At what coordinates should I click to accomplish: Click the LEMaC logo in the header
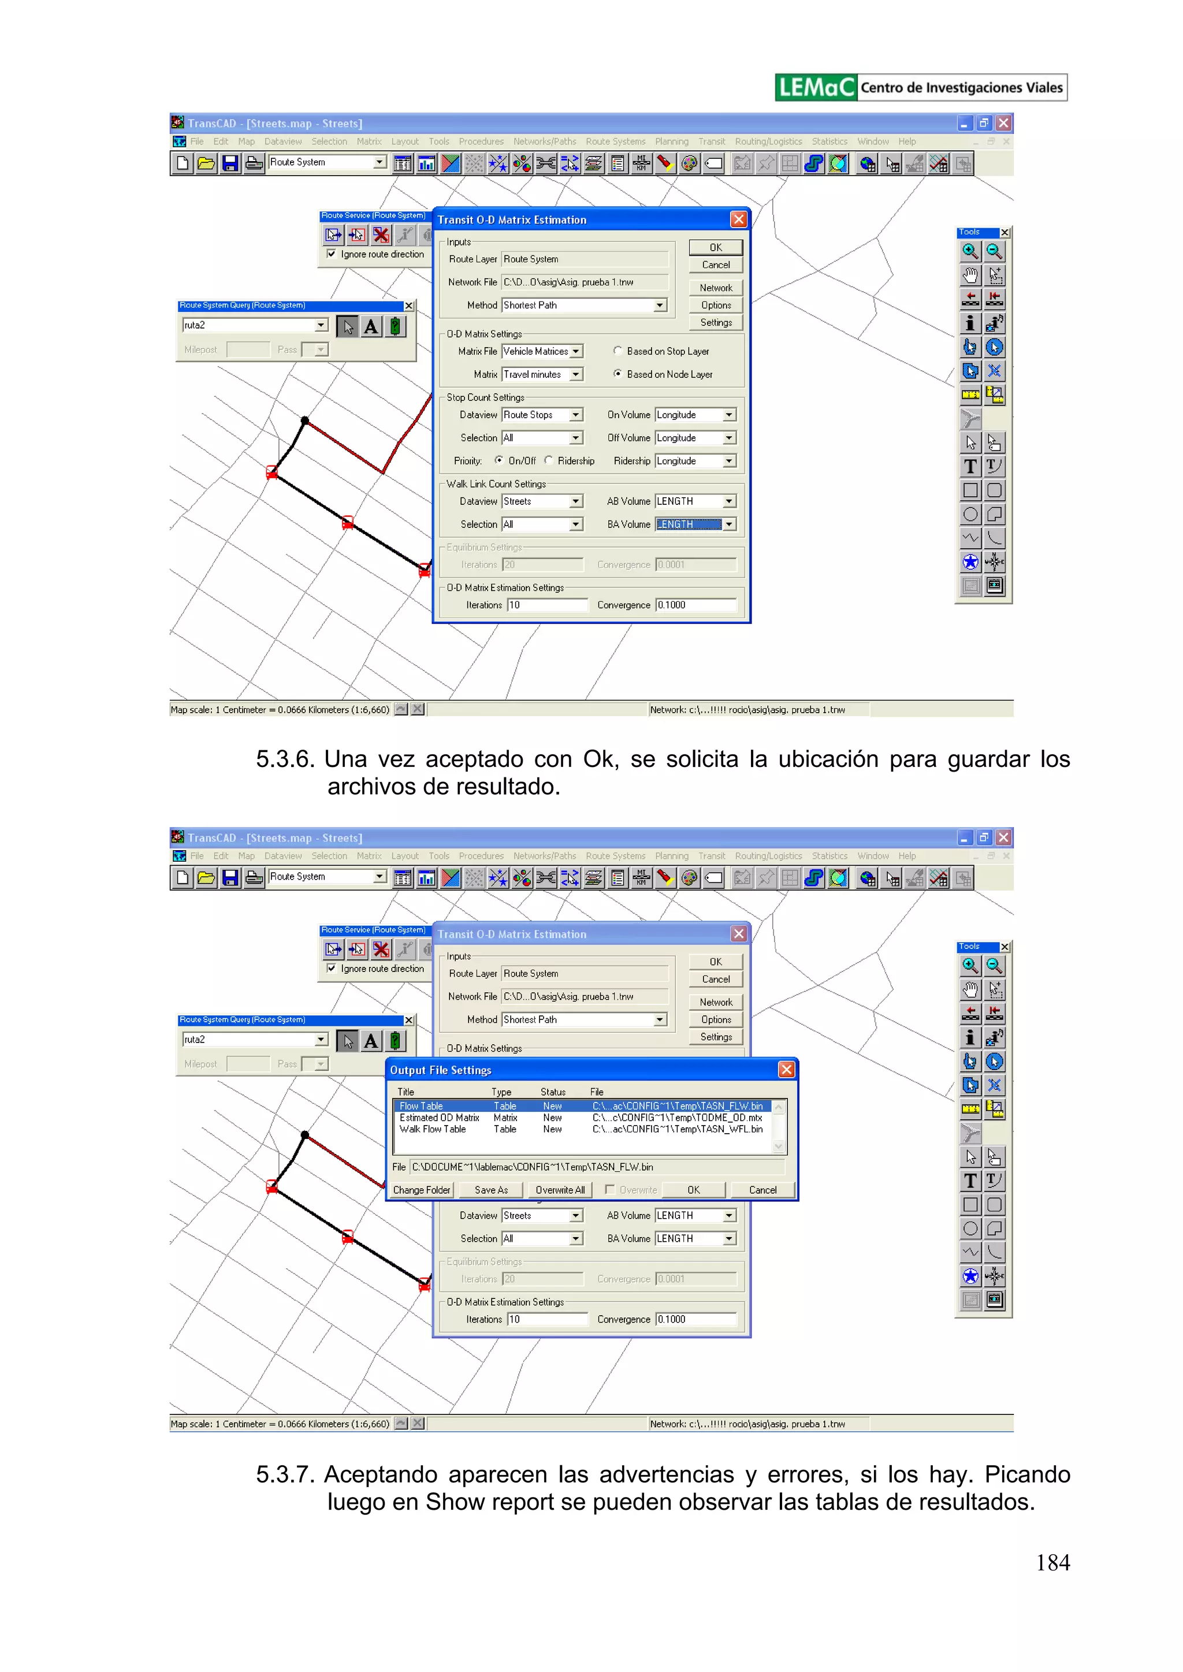(x=815, y=87)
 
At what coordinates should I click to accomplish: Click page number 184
(x=1052, y=1562)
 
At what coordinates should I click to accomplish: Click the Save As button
(x=491, y=1190)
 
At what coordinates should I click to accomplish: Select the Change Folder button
(x=421, y=1190)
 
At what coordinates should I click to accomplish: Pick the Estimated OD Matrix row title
(x=439, y=1118)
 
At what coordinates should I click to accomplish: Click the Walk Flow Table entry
(x=433, y=1130)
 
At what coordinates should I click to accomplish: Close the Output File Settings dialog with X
(x=786, y=1070)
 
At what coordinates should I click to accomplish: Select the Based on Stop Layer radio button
(x=617, y=351)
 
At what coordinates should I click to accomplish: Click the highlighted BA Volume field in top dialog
(x=689, y=524)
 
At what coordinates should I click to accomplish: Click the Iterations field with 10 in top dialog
(x=546, y=605)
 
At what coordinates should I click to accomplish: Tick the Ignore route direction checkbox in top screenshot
(x=332, y=254)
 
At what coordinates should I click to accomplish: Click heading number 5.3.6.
(x=285, y=759)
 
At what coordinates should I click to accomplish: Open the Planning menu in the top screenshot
(x=671, y=141)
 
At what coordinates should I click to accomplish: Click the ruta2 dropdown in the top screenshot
(x=321, y=326)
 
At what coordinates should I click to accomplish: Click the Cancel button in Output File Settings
(x=762, y=1190)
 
